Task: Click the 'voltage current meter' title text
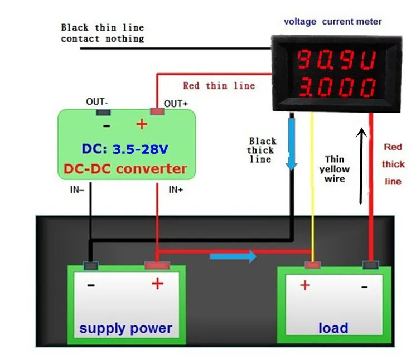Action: [333, 22]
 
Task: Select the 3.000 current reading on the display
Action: [336, 87]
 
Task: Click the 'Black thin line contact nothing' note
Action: [103, 33]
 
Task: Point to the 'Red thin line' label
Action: [219, 86]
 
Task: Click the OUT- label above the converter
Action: [97, 102]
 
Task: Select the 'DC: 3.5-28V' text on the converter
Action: [125, 149]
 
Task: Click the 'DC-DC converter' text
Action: [125, 168]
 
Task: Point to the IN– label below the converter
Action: [78, 189]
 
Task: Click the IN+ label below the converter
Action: [176, 189]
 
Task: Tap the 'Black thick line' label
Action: [261, 150]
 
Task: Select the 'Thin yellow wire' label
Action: [335, 169]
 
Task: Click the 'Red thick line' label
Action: [393, 164]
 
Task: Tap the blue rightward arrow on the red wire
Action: [233, 256]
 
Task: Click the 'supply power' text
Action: [125, 328]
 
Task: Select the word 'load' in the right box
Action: [333, 328]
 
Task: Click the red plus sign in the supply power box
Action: [158, 284]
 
